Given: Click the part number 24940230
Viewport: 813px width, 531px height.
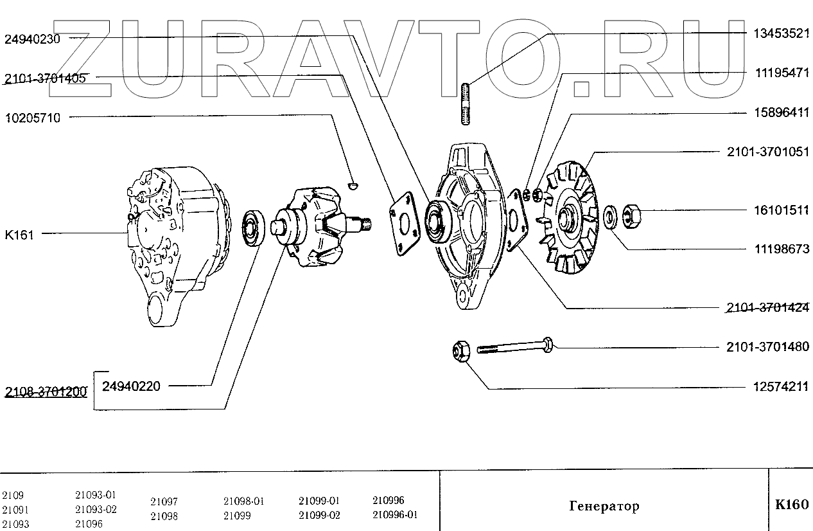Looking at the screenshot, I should tap(32, 39).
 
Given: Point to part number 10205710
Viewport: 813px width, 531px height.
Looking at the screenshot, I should tap(32, 118).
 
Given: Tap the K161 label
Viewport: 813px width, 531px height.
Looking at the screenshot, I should tap(19, 235).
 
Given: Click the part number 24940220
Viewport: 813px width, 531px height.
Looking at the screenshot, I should tap(130, 386).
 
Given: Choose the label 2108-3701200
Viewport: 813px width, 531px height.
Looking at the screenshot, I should tap(45, 392).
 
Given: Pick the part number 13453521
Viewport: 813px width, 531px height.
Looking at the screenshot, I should tap(781, 34).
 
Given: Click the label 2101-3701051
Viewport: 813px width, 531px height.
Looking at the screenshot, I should tap(768, 152).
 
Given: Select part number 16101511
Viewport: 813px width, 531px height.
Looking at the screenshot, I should tap(781, 210).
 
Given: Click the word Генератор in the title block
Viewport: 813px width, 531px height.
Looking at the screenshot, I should tap(604, 506).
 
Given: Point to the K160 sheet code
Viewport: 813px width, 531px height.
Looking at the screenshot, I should tap(792, 505).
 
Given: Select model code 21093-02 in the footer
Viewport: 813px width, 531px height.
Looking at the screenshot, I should tap(96, 510).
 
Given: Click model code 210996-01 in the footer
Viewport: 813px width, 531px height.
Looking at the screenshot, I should tap(395, 515).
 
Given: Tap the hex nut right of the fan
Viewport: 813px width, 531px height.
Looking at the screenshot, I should tap(630, 213).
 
